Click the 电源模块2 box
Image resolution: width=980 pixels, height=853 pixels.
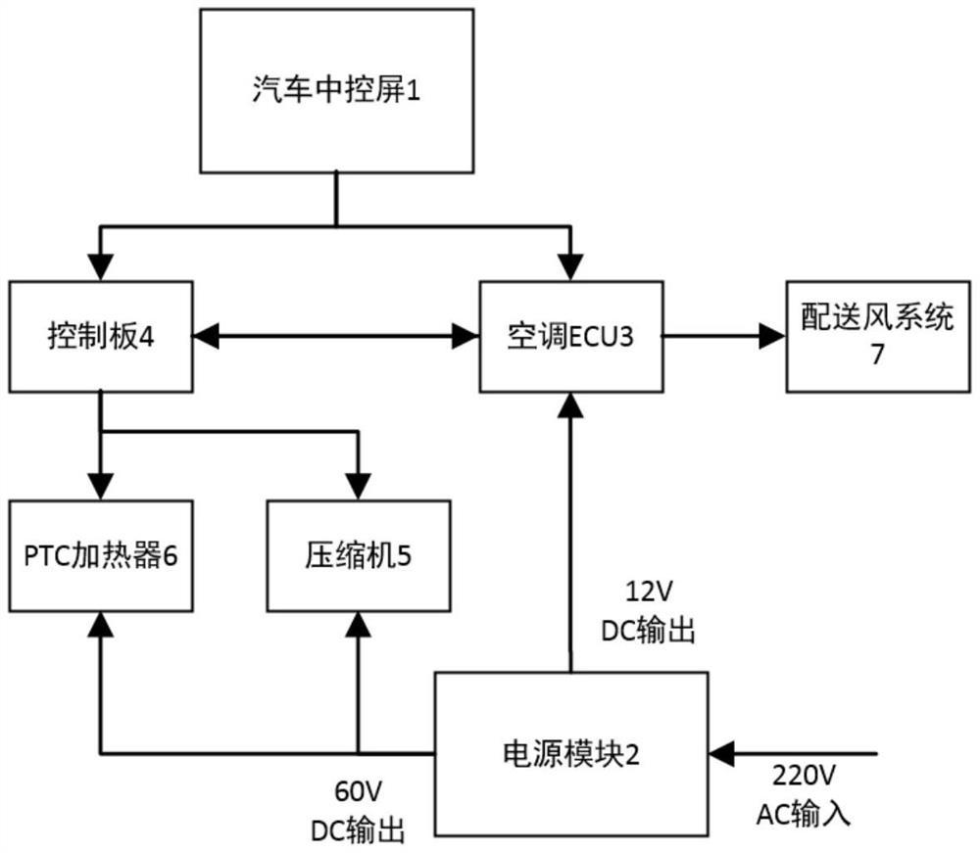tap(570, 754)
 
